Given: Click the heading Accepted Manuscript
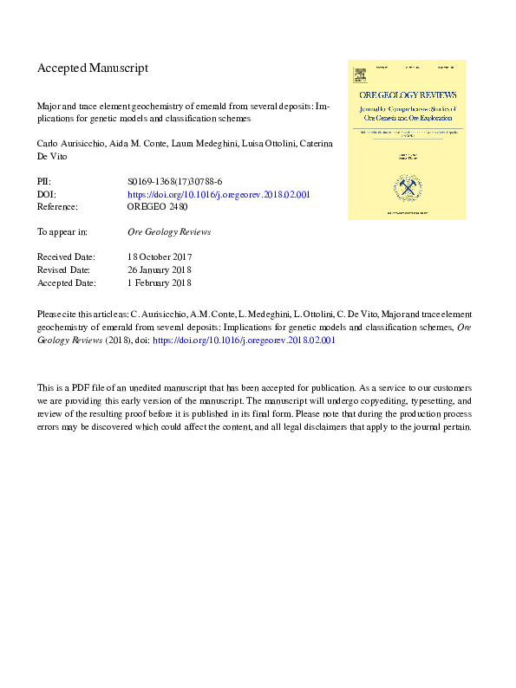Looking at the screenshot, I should [93, 68].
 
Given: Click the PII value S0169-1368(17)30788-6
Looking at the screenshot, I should [175, 181].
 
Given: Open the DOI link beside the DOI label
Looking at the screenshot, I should [219, 194].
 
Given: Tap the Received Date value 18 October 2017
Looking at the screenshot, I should [160, 257].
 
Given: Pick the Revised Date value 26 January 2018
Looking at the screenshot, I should [160, 269].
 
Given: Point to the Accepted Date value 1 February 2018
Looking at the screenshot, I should [160, 282].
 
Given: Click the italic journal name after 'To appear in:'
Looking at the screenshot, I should [169, 232].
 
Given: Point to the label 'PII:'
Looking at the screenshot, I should [44, 181].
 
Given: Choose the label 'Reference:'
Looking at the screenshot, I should [57, 207].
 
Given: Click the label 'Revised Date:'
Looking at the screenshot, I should [65, 269].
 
